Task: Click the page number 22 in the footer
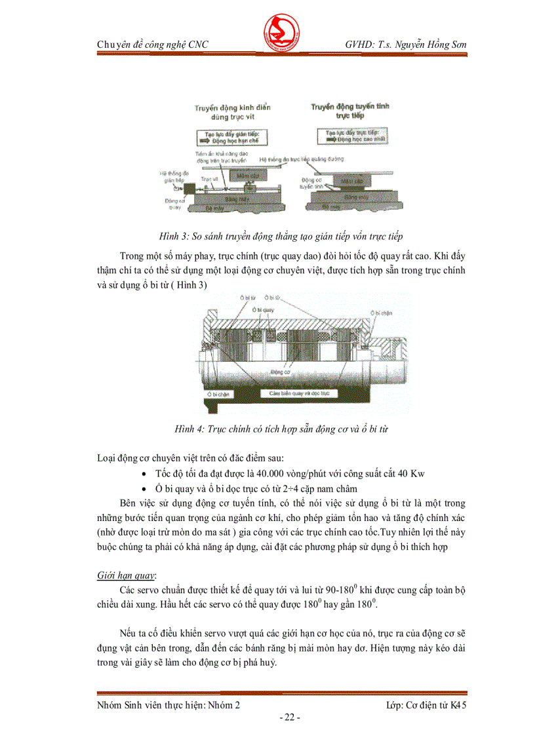click(x=288, y=718)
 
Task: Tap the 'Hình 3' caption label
click(x=173, y=235)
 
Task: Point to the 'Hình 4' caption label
click(x=189, y=430)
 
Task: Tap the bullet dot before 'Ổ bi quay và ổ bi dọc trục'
click(x=144, y=490)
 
